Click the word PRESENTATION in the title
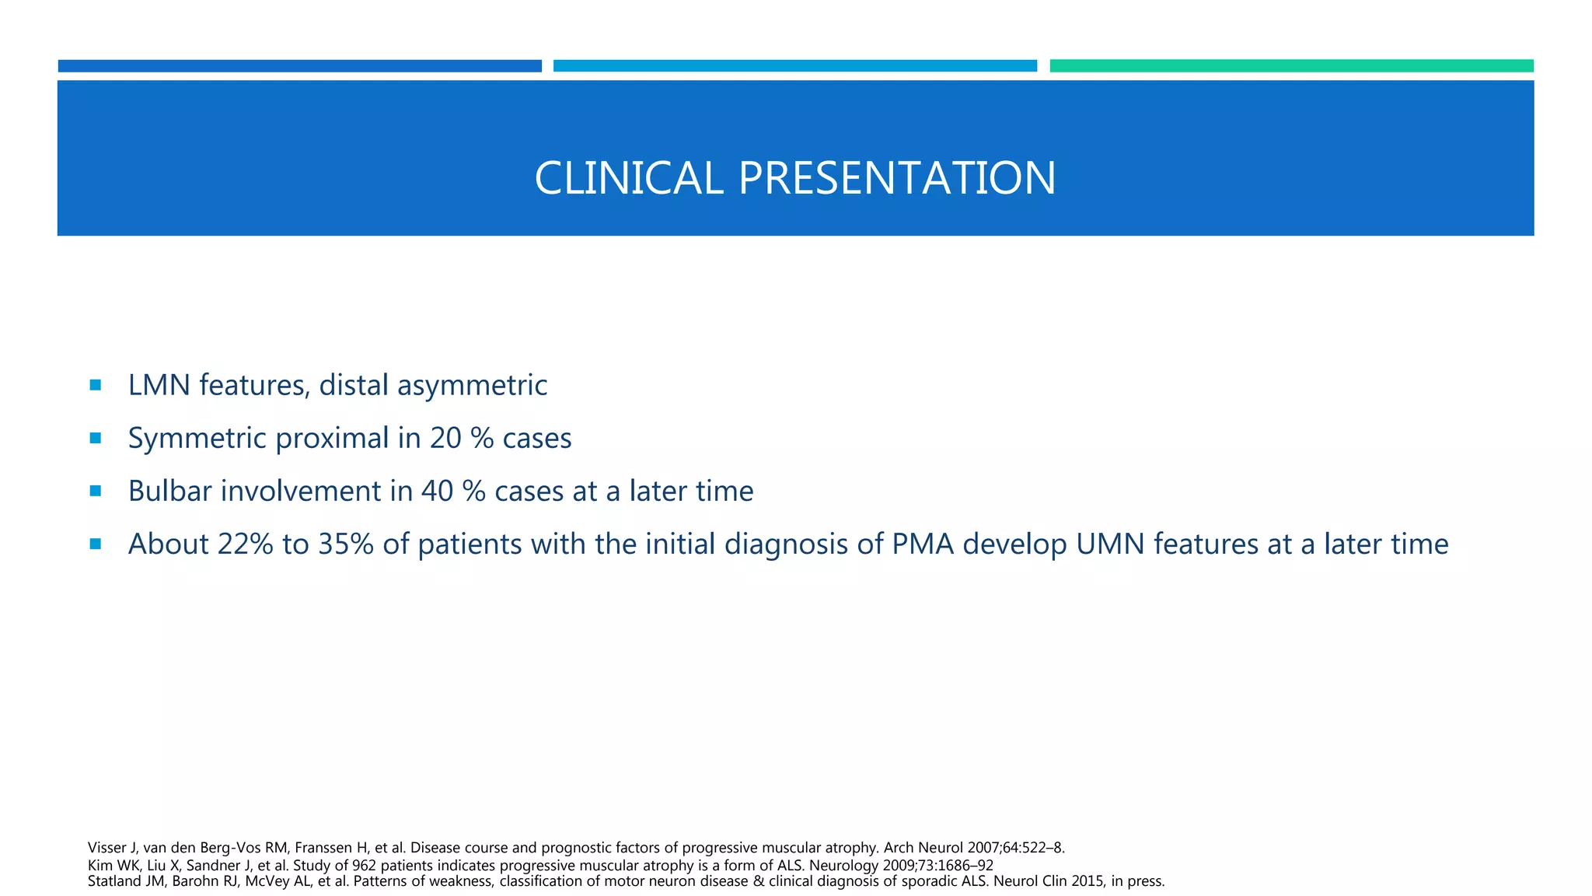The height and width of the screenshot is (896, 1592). click(896, 178)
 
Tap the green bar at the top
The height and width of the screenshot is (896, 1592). click(1291, 66)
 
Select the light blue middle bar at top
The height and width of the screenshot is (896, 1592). click(794, 66)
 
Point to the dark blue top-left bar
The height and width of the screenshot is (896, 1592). click(299, 66)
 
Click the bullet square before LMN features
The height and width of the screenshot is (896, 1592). click(96, 384)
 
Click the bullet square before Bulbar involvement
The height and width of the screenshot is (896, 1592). click(96, 491)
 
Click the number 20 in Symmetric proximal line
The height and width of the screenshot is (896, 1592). click(445, 438)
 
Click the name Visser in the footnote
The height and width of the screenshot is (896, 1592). click(106, 848)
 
